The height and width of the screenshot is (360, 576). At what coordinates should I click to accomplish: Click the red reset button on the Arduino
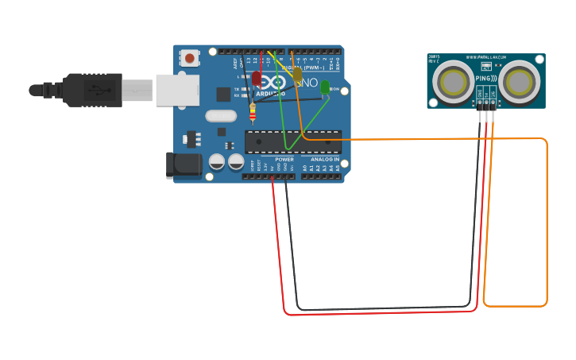click(x=189, y=58)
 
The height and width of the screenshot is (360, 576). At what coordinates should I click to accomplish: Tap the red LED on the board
click(x=257, y=78)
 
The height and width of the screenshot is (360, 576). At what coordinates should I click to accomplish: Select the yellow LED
click(x=297, y=74)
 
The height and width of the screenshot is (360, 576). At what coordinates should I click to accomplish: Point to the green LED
click(x=325, y=87)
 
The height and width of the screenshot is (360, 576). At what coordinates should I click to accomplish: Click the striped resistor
click(x=253, y=114)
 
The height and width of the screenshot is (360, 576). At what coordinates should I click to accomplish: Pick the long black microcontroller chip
click(x=292, y=141)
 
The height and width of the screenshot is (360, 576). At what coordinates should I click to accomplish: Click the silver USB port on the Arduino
click(x=176, y=90)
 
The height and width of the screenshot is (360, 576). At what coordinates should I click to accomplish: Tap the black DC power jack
click(x=182, y=165)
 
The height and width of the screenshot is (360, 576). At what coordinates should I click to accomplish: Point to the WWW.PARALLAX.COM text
click(x=486, y=57)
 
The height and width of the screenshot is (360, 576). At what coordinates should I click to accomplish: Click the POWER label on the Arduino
click(x=284, y=160)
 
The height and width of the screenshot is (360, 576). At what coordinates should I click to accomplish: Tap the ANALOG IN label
click(x=324, y=160)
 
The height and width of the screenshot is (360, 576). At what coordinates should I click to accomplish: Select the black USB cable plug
click(x=94, y=90)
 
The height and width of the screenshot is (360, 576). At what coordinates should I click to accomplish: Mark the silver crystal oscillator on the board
click(x=220, y=115)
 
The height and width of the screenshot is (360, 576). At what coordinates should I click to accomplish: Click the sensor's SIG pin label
click(x=493, y=95)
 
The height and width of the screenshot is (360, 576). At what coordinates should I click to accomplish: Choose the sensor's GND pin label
click(x=480, y=95)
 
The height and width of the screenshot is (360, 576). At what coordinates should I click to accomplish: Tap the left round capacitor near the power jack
click(x=217, y=162)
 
